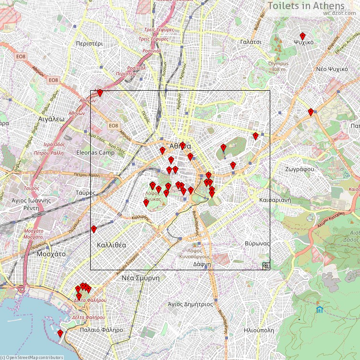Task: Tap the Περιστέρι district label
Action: (89, 43)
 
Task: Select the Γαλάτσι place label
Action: (251, 42)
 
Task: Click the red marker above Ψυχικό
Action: (303, 36)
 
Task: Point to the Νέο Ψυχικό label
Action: (332, 69)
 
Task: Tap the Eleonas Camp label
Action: (96, 153)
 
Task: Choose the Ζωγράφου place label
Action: (299, 169)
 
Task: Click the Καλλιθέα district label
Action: (111, 245)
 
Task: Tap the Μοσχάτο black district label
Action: (51, 253)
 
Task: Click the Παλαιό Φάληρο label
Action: (102, 330)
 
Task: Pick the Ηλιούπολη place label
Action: (259, 330)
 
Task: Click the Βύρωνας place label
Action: (257, 243)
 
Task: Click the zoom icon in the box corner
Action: (265, 265)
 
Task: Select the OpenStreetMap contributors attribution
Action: (33, 357)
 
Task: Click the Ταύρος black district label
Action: (86, 192)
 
